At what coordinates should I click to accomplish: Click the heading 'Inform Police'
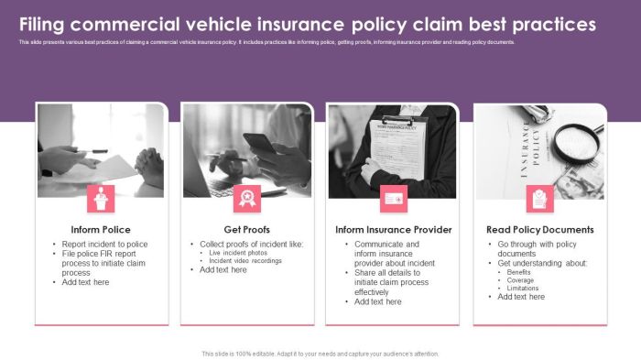coord(101,229)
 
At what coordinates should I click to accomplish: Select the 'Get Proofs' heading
coord(247,229)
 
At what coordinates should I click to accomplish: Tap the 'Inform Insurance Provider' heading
coord(394,229)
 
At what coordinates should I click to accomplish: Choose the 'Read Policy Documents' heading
coord(540,229)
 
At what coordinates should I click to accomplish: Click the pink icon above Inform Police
coord(101,198)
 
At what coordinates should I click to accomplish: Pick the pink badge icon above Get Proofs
coord(247,198)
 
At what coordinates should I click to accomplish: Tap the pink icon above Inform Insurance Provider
coord(394,198)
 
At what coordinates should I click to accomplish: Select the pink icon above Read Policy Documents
coord(540,198)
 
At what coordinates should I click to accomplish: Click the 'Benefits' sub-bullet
coord(519,272)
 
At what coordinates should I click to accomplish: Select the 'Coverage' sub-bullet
coord(521,280)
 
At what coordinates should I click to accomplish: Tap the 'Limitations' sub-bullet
coord(523,289)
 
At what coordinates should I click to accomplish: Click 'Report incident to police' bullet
coord(104,245)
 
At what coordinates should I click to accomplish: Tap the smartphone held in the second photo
coord(261,144)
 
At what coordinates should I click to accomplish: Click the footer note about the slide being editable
coord(320,354)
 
